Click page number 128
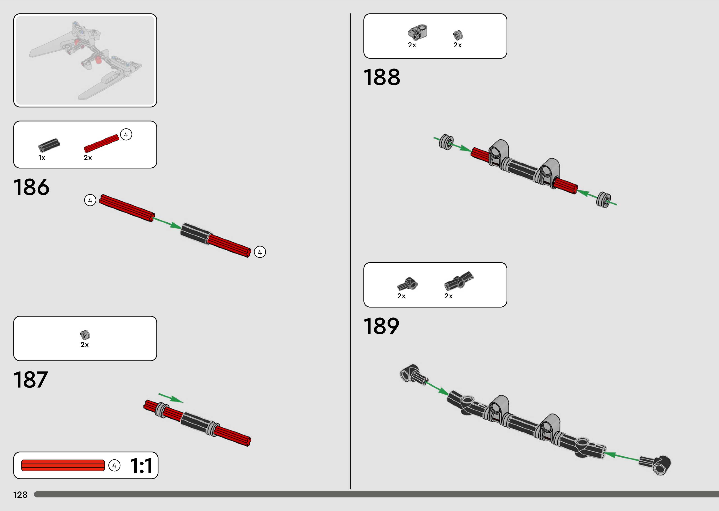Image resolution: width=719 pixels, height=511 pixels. [x=20, y=495]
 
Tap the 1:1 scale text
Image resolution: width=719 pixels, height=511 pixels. [x=141, y=465]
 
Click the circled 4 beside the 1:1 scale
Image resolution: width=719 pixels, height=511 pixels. [x=114, y=465]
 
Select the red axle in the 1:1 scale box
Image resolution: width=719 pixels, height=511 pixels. [x=63, y=465]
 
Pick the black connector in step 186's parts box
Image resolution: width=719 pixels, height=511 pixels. [x=49, y=144]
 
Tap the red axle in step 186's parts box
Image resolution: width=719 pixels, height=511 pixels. [x=101, y=143]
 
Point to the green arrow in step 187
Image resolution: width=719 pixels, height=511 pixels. [x=171, y=398]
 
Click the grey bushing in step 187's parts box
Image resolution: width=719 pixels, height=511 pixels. [x=85, y=335]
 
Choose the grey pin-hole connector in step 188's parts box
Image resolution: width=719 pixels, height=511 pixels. [x=417, y=33]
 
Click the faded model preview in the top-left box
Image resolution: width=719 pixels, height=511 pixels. [x=85, y=60]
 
